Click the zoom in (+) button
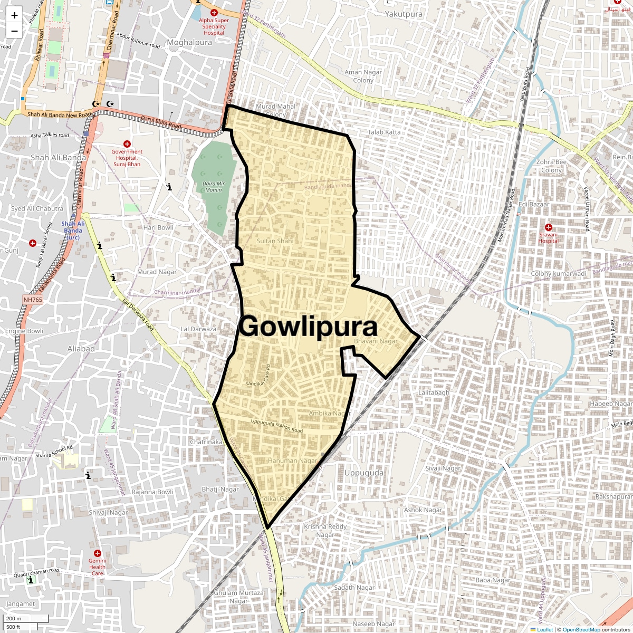(x=14, y=15)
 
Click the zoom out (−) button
(x=14, y=31)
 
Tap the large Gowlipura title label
(x=308, y=327)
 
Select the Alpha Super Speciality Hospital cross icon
(x=214, y=13)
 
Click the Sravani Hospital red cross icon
(x=549, y=227)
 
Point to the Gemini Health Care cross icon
(x=97, y=553)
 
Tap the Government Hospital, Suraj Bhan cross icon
(x=127, y=144)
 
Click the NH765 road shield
(x=33, y=300)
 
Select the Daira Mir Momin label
(x=214, y=187)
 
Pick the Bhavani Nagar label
(x=376, y=341)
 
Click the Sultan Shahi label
(x=275, y=241)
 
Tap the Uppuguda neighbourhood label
(x=364, y=473)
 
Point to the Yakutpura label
(x=404, y=14)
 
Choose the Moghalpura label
(x=189, y=42)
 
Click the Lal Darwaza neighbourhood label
(x=198, y=329)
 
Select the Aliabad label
(x=81, y=349)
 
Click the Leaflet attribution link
(x=544, y=629)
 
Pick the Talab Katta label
(x=384, y=132)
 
